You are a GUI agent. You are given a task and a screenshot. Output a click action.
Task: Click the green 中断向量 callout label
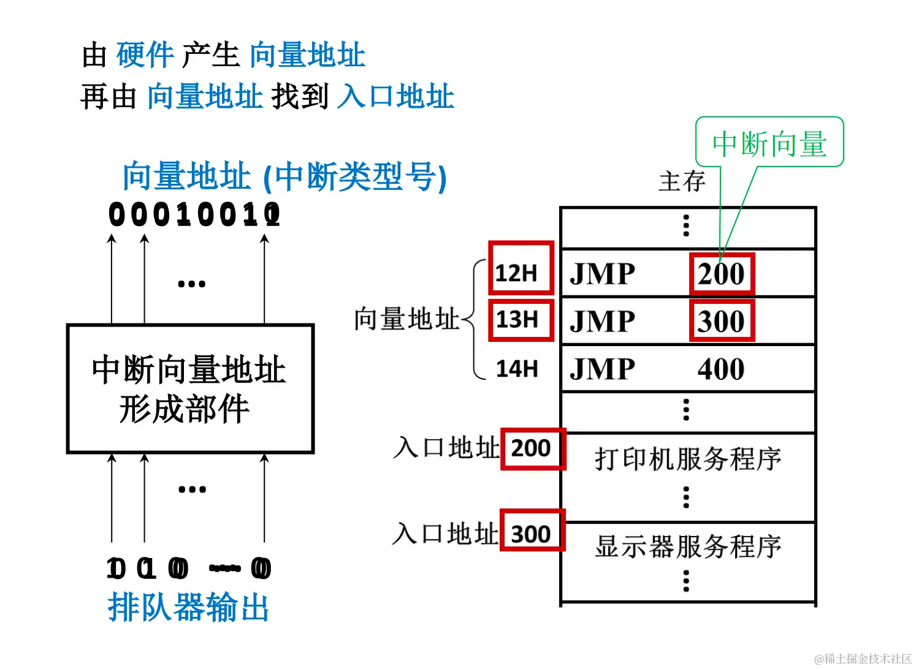769,144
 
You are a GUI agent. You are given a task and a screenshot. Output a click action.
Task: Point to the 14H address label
517,369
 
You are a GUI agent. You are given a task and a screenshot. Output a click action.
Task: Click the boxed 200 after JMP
721,274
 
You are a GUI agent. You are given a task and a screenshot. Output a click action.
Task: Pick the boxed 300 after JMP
721,321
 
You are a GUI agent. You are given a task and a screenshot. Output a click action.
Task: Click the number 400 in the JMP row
721,369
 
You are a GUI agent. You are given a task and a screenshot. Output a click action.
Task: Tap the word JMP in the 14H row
602,369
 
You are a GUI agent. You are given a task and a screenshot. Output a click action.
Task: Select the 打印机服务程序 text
688,458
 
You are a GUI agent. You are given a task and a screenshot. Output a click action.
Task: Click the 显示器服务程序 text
688,546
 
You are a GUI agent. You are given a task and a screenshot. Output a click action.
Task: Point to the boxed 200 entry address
532,448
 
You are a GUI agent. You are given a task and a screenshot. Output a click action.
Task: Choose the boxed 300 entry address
532,534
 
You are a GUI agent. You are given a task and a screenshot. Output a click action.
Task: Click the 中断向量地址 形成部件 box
190,389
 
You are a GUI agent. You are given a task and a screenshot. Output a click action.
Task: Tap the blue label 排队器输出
188,607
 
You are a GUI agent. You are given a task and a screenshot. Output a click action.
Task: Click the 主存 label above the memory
682,181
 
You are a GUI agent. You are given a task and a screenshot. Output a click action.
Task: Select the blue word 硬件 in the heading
145,55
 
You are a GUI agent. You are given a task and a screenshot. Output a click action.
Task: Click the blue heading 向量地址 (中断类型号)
284,177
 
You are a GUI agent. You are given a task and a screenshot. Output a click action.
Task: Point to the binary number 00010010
194,215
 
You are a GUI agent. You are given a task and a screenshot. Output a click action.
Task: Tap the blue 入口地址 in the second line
395,97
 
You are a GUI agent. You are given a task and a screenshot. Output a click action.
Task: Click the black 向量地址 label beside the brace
406,319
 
